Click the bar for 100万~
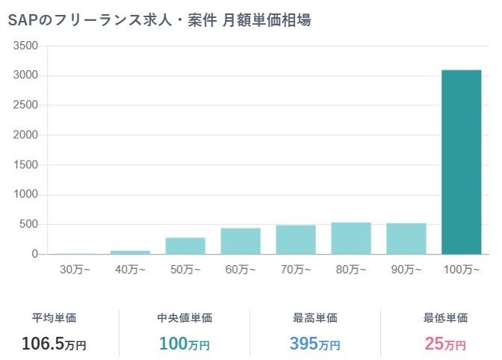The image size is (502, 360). (x=461, y=162)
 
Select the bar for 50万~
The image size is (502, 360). (x=185, y=246)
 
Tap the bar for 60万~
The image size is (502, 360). (x=240, y=241)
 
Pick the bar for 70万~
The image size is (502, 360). (x=295, y=240)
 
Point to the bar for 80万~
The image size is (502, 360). (x=350, y=238)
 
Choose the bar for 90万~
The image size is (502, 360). (x=406, y=239)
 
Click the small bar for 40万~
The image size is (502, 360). (x=130, y=252)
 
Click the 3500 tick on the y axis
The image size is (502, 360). (x=25, y=46)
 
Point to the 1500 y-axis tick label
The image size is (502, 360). (x=25, y=165)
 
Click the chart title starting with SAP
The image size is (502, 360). (x=159, y=20)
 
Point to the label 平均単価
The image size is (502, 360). (x=54, y=318)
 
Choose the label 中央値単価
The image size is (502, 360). (x=185, y=318)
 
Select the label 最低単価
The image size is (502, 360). (x=445, y=318)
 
